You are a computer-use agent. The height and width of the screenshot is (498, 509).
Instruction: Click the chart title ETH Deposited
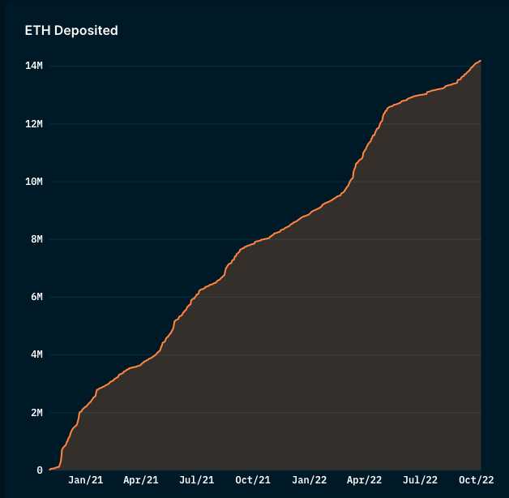[71, 31]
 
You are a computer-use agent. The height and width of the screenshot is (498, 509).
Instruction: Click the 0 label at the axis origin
[39, 470]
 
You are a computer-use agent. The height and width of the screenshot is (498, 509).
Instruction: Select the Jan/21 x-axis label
[85, 480]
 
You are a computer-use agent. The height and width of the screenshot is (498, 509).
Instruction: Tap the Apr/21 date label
[140, 480]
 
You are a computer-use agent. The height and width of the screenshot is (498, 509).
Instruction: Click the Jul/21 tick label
[196, 480]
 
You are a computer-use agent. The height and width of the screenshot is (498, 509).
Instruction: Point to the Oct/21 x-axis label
[252, 480]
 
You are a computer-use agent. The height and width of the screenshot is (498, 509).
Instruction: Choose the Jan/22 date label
[309, 480]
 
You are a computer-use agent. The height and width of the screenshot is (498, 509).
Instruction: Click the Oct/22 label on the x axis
[476, 480]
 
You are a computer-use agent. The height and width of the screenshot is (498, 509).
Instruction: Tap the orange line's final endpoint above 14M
[481, 61]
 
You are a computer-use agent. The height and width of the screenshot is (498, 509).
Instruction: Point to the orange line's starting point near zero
[49, 470]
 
